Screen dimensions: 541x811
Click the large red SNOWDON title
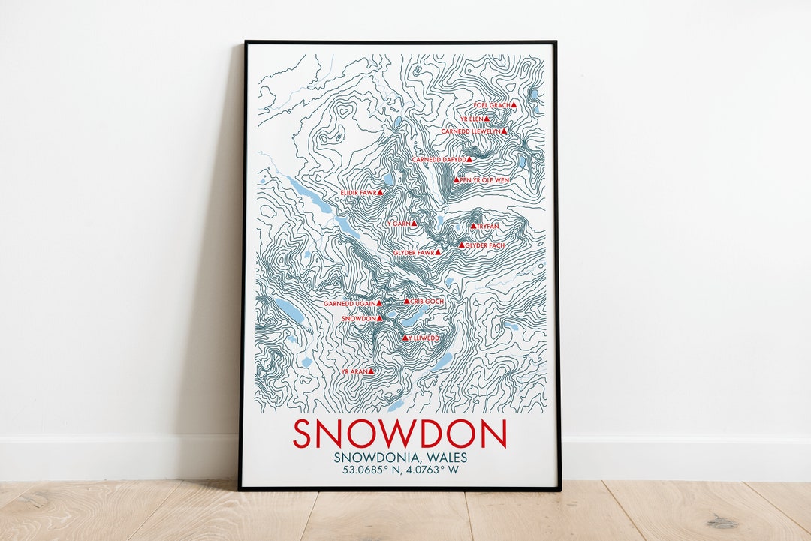[x=399, y=434]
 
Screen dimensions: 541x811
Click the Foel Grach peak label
[x=492, y=106]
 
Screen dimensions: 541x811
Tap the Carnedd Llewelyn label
[x=470, y=131]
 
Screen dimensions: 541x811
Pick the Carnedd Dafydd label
[x=439, y=160]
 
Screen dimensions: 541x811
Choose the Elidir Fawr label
[x=357, y=193]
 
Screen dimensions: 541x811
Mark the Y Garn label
[x=398, y=224]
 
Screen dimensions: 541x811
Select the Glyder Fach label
[x=485, y=245]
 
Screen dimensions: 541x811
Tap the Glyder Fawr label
[x=414, y=253]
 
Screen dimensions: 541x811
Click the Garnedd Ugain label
[x=349, y=304]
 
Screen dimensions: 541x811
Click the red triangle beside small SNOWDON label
[x=379, y=318]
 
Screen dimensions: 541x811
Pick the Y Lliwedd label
[x=424, y=338]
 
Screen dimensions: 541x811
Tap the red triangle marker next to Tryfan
[x=473, y=226]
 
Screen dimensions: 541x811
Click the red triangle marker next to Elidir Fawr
[x=380, y=192]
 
